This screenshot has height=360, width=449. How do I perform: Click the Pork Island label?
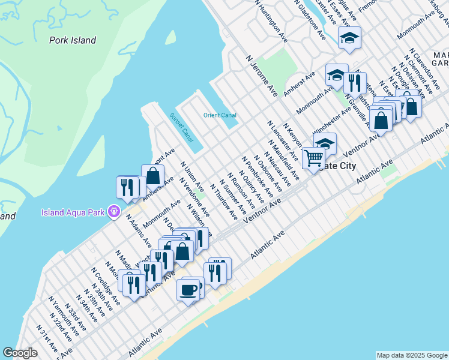click(72, 40)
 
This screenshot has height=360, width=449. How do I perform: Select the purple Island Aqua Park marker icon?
click(113, 212)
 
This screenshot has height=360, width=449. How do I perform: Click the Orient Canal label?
click(220, 115)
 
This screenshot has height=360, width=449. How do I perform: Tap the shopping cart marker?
click(314, 158)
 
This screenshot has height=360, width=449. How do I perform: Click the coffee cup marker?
click(188, 289)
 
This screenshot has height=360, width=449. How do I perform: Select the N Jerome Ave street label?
click(262, 76)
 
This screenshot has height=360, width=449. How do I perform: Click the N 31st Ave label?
click(47, 339)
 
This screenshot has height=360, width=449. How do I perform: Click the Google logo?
click(20, 353)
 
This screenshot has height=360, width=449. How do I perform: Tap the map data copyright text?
click(411, 355)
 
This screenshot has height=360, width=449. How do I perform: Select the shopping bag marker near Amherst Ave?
click(152, 176)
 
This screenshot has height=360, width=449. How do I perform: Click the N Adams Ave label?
click(137, 230)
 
